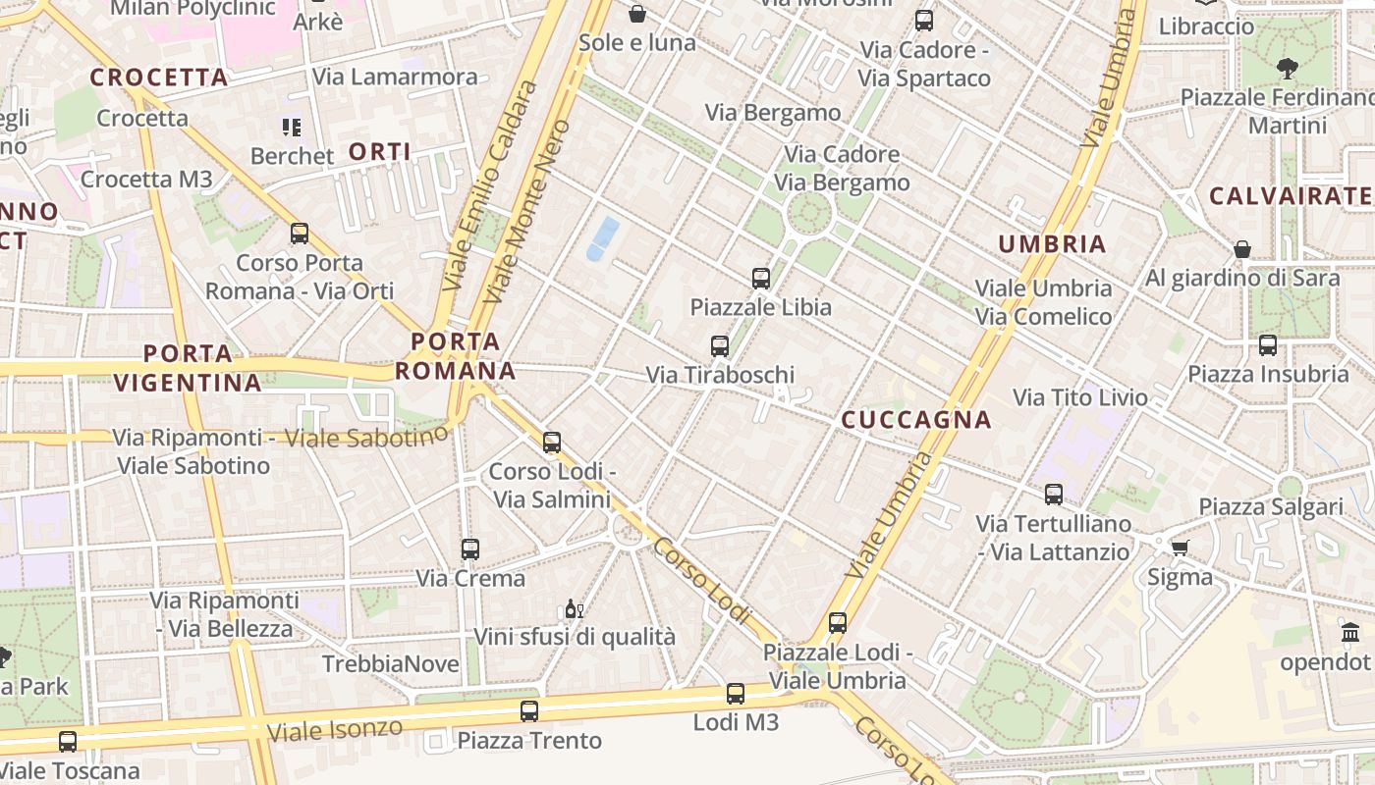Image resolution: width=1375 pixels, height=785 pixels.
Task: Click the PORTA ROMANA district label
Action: [x=455, y=356]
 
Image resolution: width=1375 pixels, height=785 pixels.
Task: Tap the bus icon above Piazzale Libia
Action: [x=761, y=279]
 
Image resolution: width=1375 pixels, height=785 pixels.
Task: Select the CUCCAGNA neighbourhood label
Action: [x=916, y=420]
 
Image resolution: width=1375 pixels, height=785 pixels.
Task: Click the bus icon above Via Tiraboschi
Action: [x=720, y=346]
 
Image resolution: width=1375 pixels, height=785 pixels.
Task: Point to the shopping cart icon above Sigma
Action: [x=1180, y=548]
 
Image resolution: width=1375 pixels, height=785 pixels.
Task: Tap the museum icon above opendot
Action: [x=1350, y=633]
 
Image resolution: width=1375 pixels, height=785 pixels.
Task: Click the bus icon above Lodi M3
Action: [x=736, y=695]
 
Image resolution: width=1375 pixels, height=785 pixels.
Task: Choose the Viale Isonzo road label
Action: [x=335, y=729]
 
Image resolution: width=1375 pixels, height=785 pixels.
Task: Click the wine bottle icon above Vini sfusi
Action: [x=574, y=609]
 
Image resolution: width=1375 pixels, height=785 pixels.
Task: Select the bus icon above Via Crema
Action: [x=470, y=549]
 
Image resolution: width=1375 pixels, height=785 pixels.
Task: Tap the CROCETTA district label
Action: [x=159, y=78]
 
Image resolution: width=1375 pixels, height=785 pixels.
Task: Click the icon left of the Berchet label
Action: [x=292, y=127]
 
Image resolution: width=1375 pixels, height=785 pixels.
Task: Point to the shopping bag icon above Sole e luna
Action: [x=637, y=14]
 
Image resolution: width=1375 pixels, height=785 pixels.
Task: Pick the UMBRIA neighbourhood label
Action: [x=1052, y=244]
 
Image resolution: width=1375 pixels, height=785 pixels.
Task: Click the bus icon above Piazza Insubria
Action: [x=1268, y=345]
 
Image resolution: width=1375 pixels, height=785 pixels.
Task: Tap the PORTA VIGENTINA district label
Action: [x=188, y=368]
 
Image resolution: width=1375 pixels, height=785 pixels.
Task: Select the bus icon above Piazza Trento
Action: [x=529, y=711]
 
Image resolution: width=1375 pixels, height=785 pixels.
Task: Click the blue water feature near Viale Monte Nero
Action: [x=603, y=239]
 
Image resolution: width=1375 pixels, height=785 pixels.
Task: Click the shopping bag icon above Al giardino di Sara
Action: [x=1242, y=249]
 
